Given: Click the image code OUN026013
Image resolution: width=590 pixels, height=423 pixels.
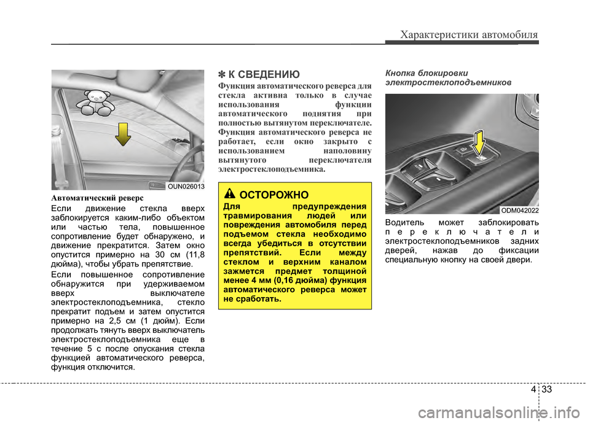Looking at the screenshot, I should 185,185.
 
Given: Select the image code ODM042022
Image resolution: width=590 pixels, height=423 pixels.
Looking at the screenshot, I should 520,210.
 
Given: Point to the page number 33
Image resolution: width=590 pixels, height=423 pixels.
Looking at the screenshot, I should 548,389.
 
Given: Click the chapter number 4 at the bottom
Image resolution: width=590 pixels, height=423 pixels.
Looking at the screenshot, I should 530,389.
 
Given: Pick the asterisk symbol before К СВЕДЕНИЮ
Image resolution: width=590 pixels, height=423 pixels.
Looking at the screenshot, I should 222,76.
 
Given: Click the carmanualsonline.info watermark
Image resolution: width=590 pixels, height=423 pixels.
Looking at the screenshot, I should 501,409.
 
